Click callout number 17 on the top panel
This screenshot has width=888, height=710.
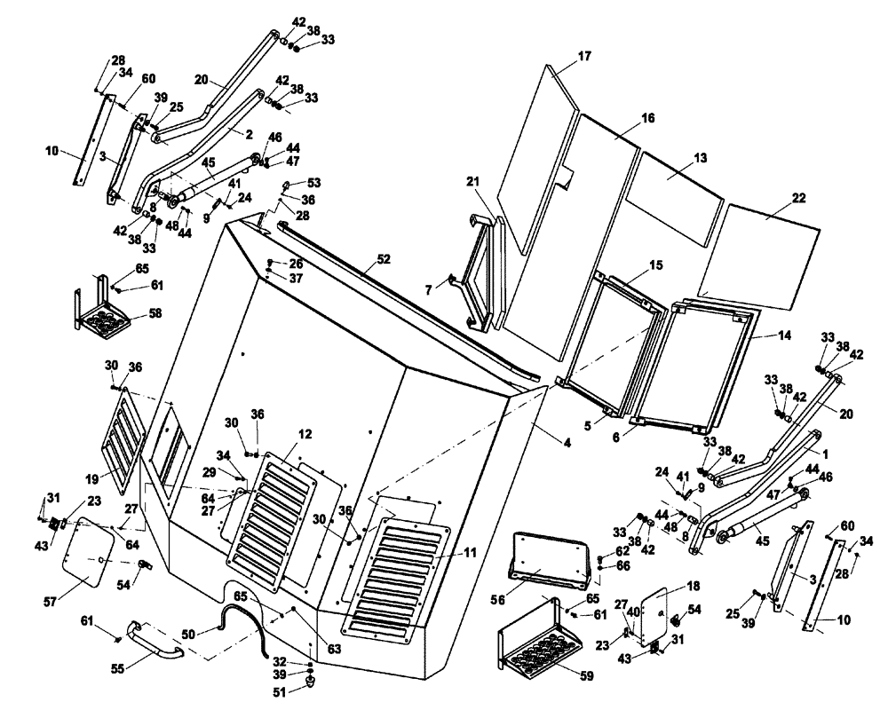tap(583, 56)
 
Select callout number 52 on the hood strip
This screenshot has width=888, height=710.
tap(383, 260)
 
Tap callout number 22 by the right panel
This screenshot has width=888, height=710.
tap(798, 197)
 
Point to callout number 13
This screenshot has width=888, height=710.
tap(701, 157)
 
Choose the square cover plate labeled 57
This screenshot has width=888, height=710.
tap(92, 553)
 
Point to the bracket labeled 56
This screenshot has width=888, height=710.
tap(551, 559)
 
